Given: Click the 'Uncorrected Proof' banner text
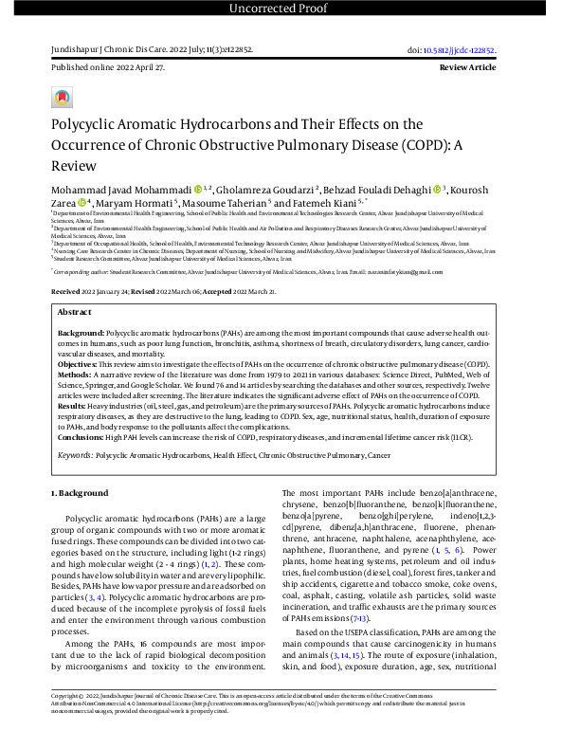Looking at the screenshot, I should coord(281,9).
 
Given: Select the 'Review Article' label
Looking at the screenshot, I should coord(467,69).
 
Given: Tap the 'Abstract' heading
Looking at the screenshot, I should coord(75,311).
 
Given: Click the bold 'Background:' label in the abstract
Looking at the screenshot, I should coord(81,336).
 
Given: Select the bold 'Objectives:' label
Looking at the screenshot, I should coord(79,364).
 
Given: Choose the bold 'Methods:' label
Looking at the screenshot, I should coord(75,374).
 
